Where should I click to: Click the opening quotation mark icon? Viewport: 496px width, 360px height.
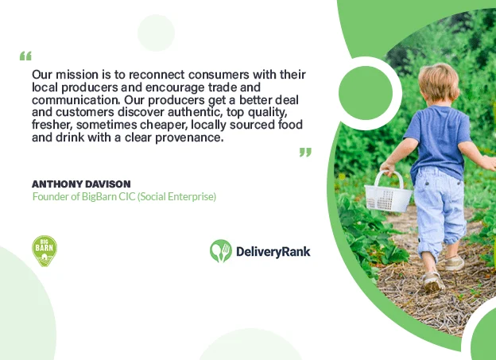tap(25, 56)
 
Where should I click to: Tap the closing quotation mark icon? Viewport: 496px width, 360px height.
tap(305, 152)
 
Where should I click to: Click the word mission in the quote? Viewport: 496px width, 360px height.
tap(77, 75)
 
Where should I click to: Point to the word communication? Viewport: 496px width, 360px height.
tap(76, 100)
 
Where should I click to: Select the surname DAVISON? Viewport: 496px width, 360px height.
tap(108, 184)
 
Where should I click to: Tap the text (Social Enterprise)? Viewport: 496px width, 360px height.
tap(176, 196)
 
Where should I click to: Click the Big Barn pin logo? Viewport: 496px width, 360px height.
tap(45, 251)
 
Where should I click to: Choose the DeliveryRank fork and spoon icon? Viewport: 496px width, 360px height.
tap(221, 251)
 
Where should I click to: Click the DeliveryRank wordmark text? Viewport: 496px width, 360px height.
tap(273, 252)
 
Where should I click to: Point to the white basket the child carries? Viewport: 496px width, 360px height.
tap(389, 193)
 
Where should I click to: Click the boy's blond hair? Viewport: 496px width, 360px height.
tap(439, 81)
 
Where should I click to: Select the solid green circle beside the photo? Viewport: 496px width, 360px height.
tap(366, 93)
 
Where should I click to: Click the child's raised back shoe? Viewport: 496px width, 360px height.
tap(454, 264)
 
